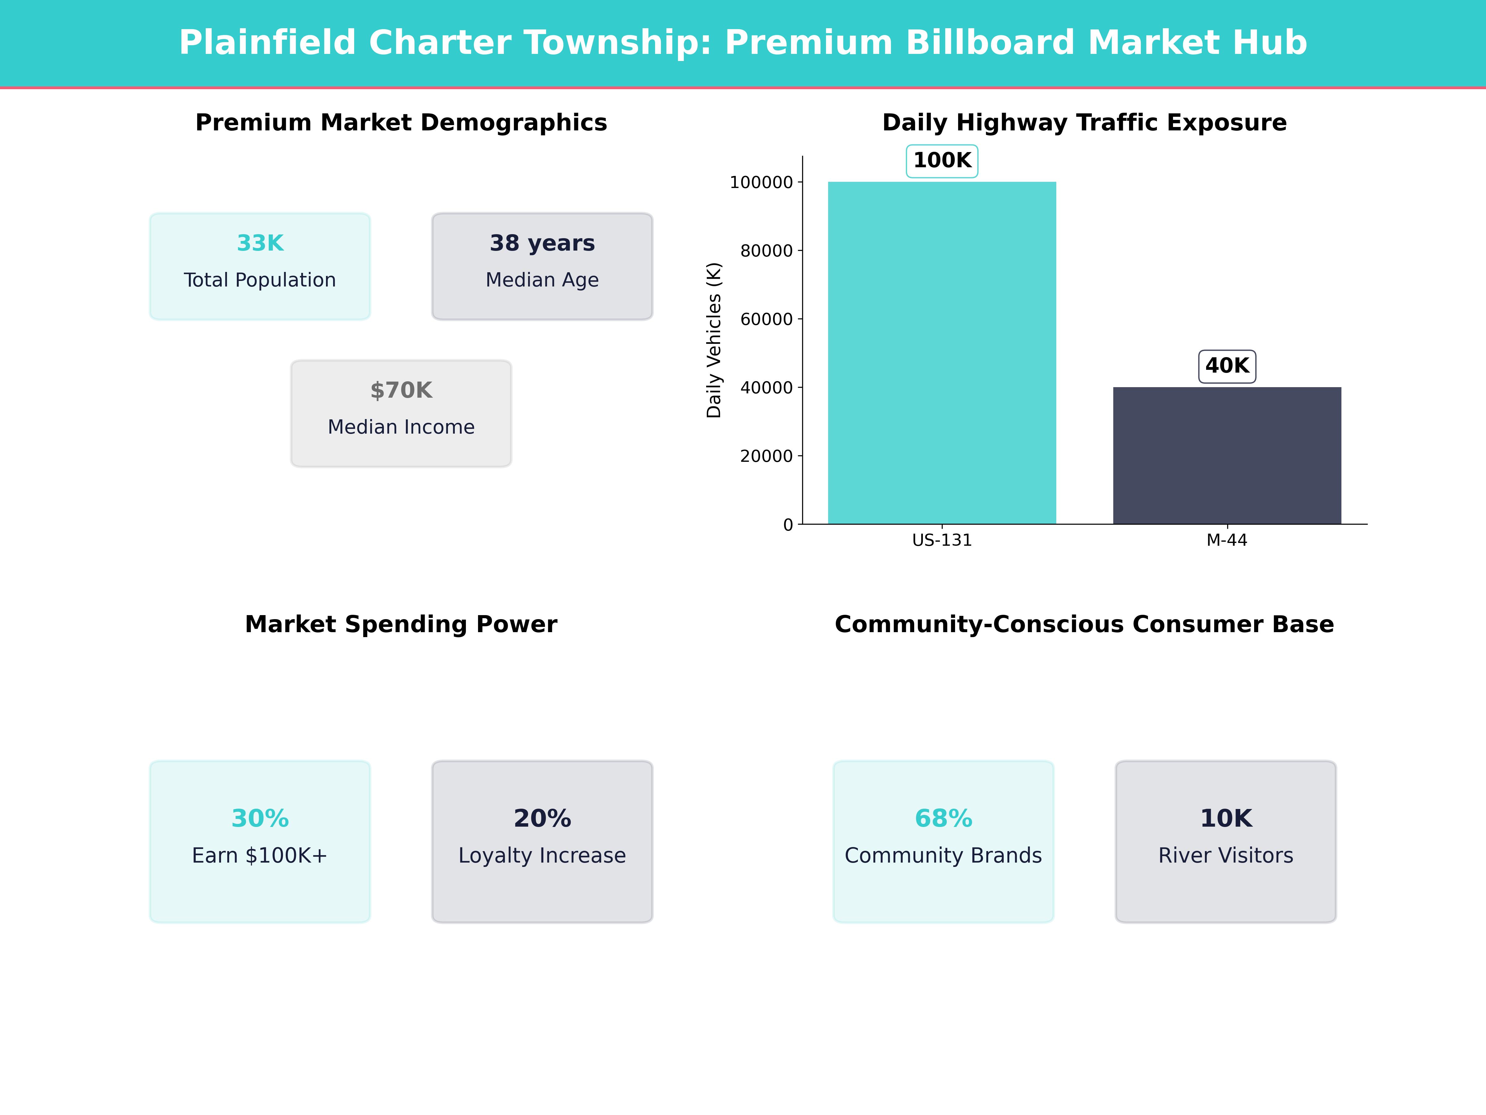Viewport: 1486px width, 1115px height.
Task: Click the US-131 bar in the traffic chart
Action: tap(942, 353)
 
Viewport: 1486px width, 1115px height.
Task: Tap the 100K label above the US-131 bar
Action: tap(942, 161)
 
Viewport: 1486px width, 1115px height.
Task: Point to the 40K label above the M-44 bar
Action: tap(1227, 366)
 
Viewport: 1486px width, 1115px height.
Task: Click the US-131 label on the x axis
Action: tap(942, 540)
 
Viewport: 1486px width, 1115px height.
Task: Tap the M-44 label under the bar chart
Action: tap(1227, 540)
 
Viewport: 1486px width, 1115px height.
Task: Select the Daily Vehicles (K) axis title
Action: tap(714, 340)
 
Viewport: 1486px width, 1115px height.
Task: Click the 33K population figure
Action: tap(260, 243)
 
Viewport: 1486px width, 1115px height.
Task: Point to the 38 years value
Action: tap(542, 243)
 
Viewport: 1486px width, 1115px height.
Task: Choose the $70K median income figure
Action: tap(401, 391)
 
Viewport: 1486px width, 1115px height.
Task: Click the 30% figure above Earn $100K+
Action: tap(260, 819)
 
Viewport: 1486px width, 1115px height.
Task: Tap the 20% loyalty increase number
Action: tap(542, 819)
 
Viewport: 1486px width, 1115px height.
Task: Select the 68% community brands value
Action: tap(943, 819)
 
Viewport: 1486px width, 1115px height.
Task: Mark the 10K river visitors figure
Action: tap(1226, 819)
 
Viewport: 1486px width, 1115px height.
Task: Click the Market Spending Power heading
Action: tap(401, 624)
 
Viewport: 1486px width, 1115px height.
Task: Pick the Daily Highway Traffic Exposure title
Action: tap(1084, 123)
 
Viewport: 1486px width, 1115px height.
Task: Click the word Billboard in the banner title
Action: tap(990, 43)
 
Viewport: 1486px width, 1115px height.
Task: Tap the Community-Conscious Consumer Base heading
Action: tap(1084, 624)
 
